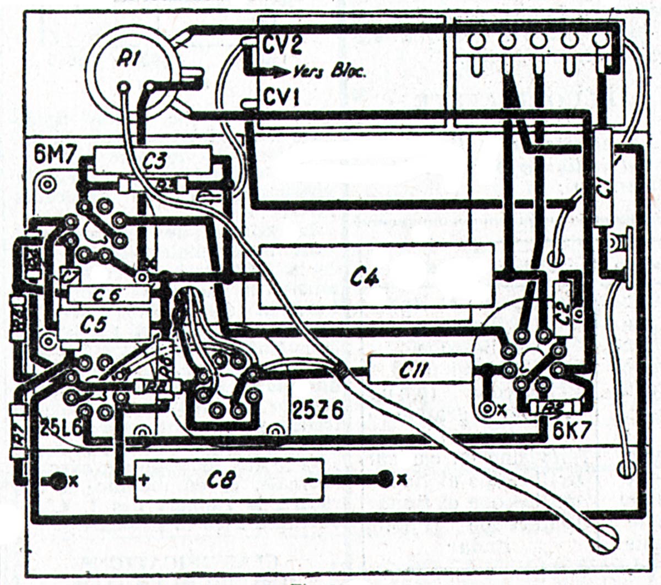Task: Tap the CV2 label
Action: click(x=283, y=45)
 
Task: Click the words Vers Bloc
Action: click(x=328, y=72)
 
